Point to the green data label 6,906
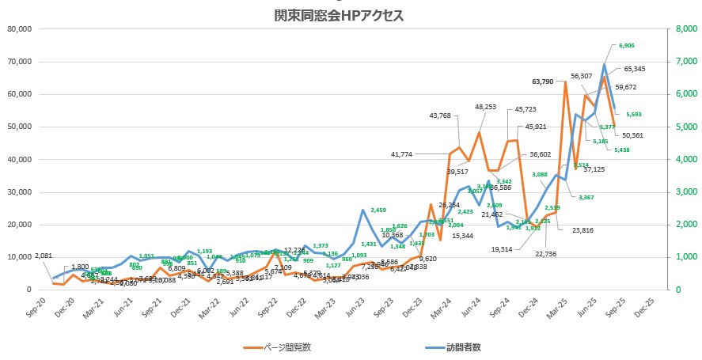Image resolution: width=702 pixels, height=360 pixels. click(628, 46)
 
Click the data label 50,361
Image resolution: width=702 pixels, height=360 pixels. click(632, 135)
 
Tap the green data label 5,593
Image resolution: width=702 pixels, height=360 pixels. click(635, 114)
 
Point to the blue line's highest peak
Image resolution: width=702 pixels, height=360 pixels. click(605, 64)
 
